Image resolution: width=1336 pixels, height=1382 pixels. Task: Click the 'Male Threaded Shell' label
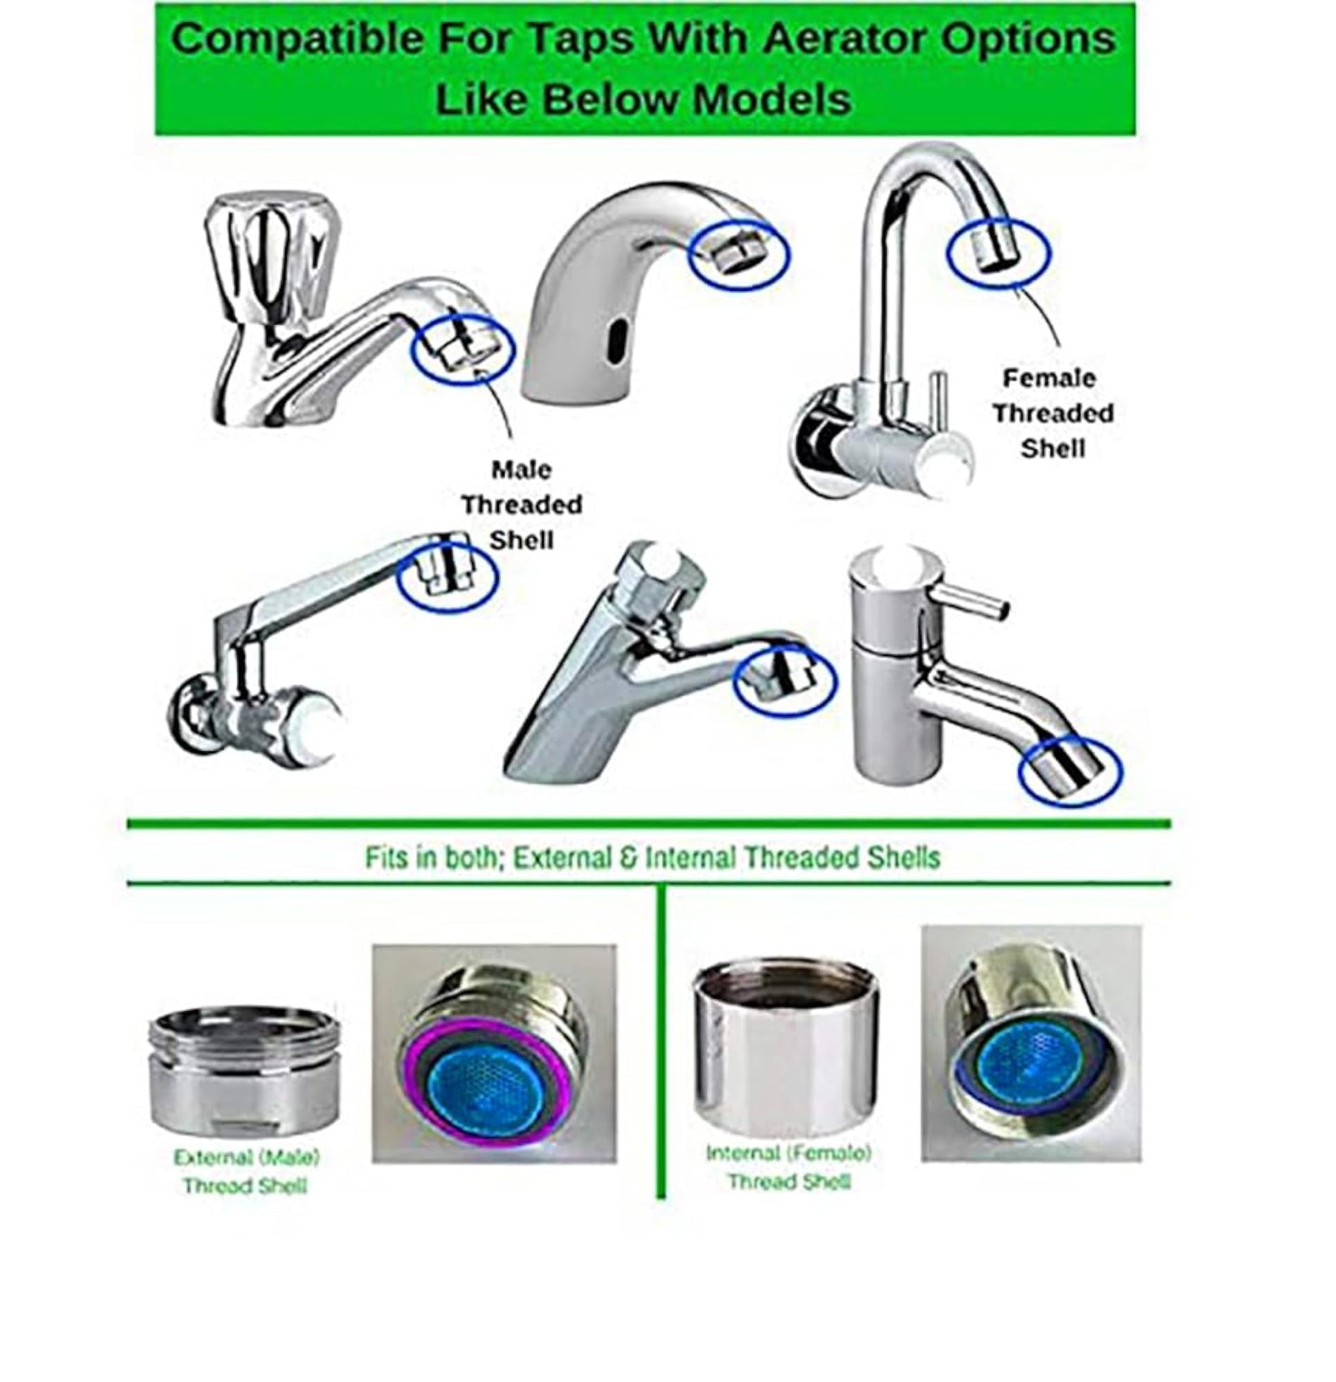(x=521, y=504)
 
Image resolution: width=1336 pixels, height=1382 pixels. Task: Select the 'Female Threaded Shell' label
(x=1052, y=413)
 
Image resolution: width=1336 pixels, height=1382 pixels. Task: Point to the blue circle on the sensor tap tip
(x=739, y=253)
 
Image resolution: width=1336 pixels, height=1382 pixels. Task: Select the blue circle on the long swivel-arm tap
(x=448, y=575)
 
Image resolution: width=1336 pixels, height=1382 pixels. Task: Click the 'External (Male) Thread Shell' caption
(x=246, y=1171)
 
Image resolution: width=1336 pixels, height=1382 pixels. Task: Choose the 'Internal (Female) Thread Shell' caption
(x=789, y=1166)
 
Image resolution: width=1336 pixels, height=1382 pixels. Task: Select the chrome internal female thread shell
(x=785, y=1049)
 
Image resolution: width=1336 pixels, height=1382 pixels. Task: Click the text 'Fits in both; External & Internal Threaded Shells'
(x=653, y=858)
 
